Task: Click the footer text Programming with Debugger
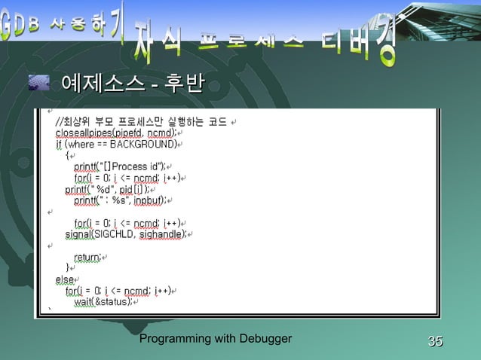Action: [x=216, y=340]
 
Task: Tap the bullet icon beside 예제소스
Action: [x=38, y=82]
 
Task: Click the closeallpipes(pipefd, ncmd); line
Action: [x=116, y=133]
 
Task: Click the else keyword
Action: [x=65, y=279]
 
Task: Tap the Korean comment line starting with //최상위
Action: [x=141, y=121]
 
